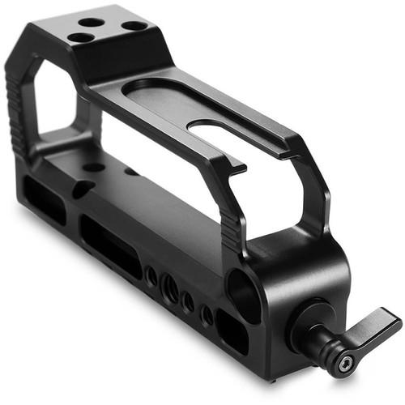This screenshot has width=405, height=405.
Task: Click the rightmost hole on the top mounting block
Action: [134, 26]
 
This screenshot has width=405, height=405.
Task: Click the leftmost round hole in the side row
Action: [151, 276]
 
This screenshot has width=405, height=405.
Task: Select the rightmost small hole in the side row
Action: [207, 313]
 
